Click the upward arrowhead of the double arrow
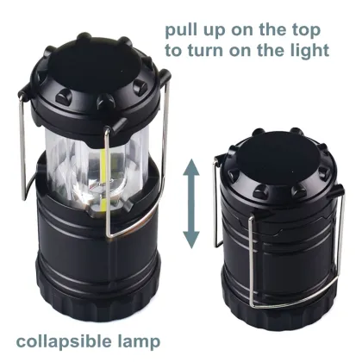[x=191, y=172]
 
